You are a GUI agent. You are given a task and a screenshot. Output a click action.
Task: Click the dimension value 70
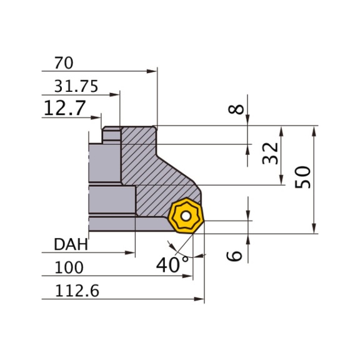pos(64,62)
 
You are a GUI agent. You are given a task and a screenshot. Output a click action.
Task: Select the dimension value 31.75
pos(76,87)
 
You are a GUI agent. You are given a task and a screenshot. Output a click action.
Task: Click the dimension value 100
pos(69,267)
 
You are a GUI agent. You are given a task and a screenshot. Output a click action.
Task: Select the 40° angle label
pos(172,265)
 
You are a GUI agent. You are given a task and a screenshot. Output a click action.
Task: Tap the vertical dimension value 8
pos(235,109)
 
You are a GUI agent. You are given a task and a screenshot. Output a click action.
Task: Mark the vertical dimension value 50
pos(304,179)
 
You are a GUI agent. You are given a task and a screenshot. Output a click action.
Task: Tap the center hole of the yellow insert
pos(185,217)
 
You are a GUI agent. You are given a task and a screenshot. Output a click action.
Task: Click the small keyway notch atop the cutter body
pos(112,132)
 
